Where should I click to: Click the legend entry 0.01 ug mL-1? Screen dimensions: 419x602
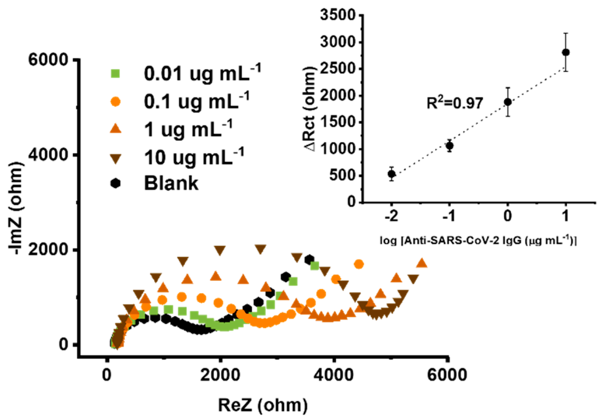click(202, 73)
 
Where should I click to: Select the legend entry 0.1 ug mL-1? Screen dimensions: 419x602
click(196, 101)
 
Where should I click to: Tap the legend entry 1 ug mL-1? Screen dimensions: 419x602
click(188, 129)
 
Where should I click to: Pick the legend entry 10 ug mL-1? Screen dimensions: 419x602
click(193, 157)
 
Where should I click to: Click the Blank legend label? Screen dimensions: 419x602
click(171, 183)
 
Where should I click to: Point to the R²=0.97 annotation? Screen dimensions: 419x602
click(455, 103)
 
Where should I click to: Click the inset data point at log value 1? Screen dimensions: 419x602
click(566, 52)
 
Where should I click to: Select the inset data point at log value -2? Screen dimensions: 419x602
click(391, 174)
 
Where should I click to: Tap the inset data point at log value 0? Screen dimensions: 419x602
click(508, 102)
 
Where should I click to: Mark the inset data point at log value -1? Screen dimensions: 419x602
click(449, 146)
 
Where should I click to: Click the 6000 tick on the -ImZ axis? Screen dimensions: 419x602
click(48, 60)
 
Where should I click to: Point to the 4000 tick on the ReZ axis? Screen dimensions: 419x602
click(333, 375)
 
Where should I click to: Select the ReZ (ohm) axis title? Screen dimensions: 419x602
click(263, 405)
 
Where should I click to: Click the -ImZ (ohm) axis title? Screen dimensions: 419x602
click(16, 208)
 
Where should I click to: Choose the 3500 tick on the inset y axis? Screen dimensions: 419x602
click(338, 15)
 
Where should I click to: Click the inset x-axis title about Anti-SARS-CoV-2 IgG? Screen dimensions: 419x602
click(478, 240)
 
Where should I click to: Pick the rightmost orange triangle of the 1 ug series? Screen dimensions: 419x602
click(421, 263)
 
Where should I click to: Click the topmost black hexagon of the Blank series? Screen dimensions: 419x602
click(309, 260)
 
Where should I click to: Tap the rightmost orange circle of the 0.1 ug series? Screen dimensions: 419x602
click(359, 264)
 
